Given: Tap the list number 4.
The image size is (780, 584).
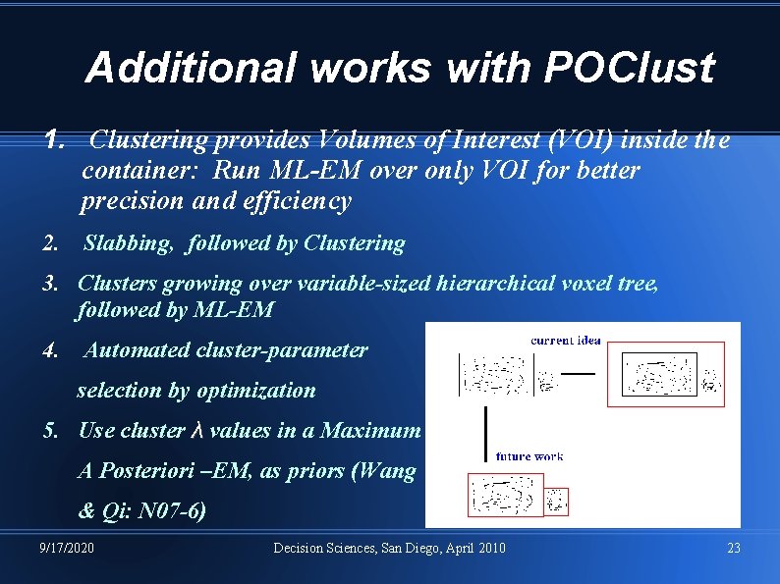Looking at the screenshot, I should click(50, 349).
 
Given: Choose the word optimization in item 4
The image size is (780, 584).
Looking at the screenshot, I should click(256, 391).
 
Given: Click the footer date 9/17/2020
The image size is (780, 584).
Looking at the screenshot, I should click(68, 548).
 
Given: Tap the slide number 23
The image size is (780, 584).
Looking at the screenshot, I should click(734, 548).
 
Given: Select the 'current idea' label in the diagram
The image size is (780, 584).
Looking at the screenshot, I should click(565, 341).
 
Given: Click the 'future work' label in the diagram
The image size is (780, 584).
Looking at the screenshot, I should click(529, 456).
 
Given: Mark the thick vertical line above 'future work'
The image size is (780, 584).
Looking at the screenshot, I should click(486, 431).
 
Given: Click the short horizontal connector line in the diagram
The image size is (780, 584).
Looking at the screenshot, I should click(577, 374).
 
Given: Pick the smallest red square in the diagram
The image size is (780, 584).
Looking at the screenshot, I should click(557, 501).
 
